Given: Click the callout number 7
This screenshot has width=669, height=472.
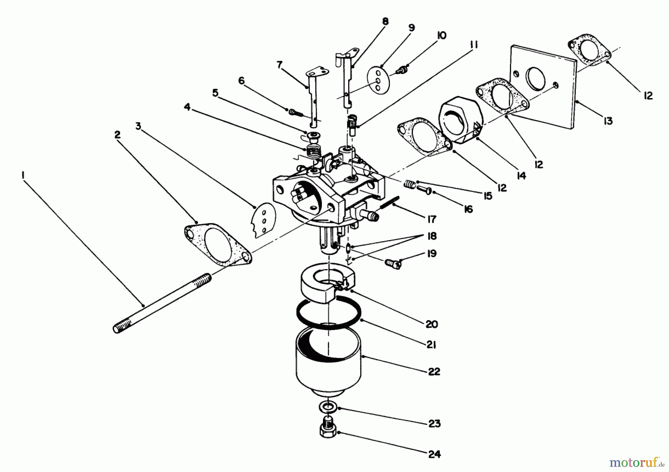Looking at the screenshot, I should tap(279, 65).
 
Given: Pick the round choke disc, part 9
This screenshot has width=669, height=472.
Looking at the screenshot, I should tap(378, 78).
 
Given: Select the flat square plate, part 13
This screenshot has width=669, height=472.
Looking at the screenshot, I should tap(543, 87).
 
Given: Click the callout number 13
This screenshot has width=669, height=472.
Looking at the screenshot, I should tap(608, 121).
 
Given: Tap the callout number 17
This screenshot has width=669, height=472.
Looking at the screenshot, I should tap(432, 219).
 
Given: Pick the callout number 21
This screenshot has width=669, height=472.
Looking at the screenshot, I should tap(431, 345).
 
